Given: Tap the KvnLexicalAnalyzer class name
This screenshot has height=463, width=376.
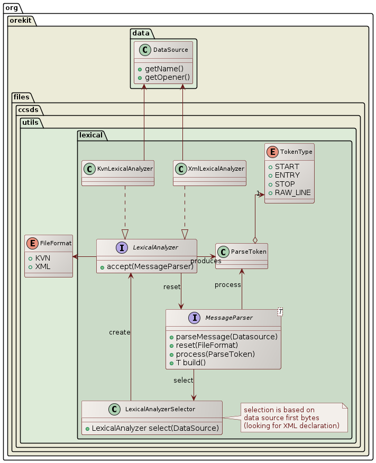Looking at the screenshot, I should coord(126,169).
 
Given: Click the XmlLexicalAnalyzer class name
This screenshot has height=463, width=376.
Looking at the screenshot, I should coord(217,169).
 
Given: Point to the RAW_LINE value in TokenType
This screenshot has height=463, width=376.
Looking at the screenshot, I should coord(293,192).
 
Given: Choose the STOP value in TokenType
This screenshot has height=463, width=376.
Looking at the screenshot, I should coord(286,184).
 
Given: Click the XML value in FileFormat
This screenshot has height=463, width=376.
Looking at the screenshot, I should coord(43,266).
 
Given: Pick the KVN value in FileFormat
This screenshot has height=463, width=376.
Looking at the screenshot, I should coord(43,258).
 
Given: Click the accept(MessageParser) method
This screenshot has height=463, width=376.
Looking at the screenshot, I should coord(150,266).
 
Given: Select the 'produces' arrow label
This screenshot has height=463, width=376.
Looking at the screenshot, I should coord(206,261).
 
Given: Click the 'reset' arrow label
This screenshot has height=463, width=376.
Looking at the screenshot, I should coord(172,286).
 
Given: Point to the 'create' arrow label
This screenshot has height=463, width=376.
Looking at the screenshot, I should coord(120,332).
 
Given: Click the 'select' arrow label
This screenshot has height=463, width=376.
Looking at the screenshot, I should coord(183,380).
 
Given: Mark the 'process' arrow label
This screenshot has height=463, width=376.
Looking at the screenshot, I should coord(228,285).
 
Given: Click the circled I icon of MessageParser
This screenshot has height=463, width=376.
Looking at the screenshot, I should coord(195,318).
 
